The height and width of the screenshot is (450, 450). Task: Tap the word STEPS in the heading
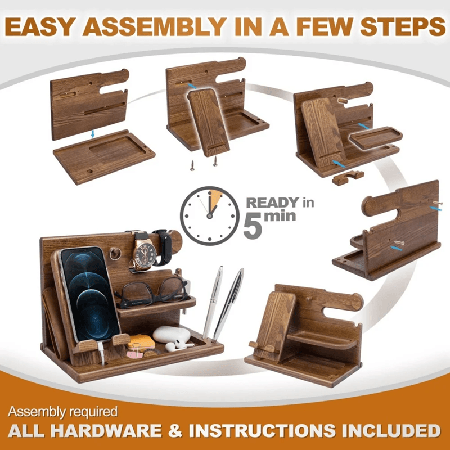[403, 26]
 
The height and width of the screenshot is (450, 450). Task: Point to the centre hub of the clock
[210, 216]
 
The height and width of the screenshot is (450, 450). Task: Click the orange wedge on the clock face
[215, 198]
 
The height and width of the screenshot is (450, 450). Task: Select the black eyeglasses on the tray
[152, 292]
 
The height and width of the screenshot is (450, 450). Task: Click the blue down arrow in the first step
[92, 134]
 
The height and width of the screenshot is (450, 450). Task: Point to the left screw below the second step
[192, 165]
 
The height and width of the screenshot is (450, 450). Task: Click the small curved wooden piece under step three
[348, 177]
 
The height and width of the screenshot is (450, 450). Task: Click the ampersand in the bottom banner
[175, 430]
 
